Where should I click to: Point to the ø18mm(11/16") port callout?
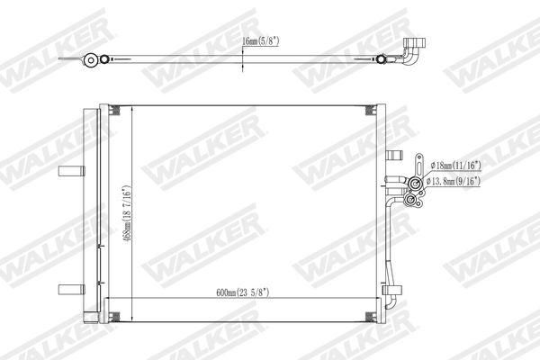[456, 165]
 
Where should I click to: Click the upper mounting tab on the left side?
[68, 173]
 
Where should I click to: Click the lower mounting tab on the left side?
[68, 288]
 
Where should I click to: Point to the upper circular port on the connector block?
[416, 185]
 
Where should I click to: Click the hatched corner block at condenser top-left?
[113, 110]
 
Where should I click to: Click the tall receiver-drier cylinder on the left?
[90, 211]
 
